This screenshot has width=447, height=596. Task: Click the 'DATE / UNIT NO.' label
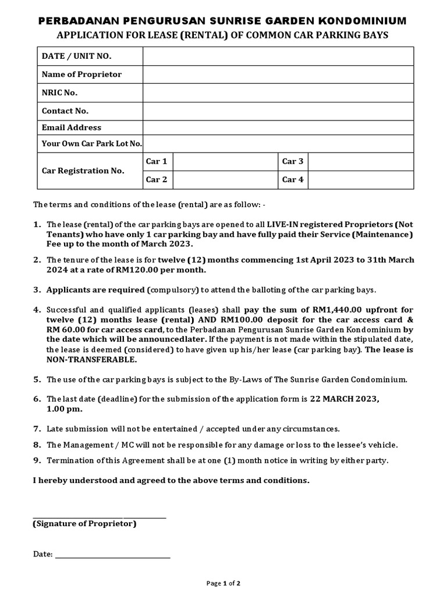pos(76,56)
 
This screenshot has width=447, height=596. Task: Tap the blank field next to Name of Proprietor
pos(278,74)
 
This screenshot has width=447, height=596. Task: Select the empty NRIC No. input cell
pos(278,93)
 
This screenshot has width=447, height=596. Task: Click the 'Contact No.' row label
pos(65,111)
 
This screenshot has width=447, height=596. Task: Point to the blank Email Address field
pos(278,127)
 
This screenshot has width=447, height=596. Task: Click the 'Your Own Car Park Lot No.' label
pos(91,144)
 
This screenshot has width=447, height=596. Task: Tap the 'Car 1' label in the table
pos(156,161)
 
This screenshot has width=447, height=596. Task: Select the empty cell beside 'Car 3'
pos(360,162)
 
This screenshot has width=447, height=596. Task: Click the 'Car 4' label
pos(293,180)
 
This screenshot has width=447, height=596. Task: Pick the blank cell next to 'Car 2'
pos(225,180)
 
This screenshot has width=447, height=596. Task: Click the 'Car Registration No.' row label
pos(83,171)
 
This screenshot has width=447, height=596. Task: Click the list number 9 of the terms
pos(37,460)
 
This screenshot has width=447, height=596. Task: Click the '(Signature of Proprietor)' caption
pos(84,524)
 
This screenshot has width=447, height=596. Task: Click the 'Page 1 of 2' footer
pos(224,583)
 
